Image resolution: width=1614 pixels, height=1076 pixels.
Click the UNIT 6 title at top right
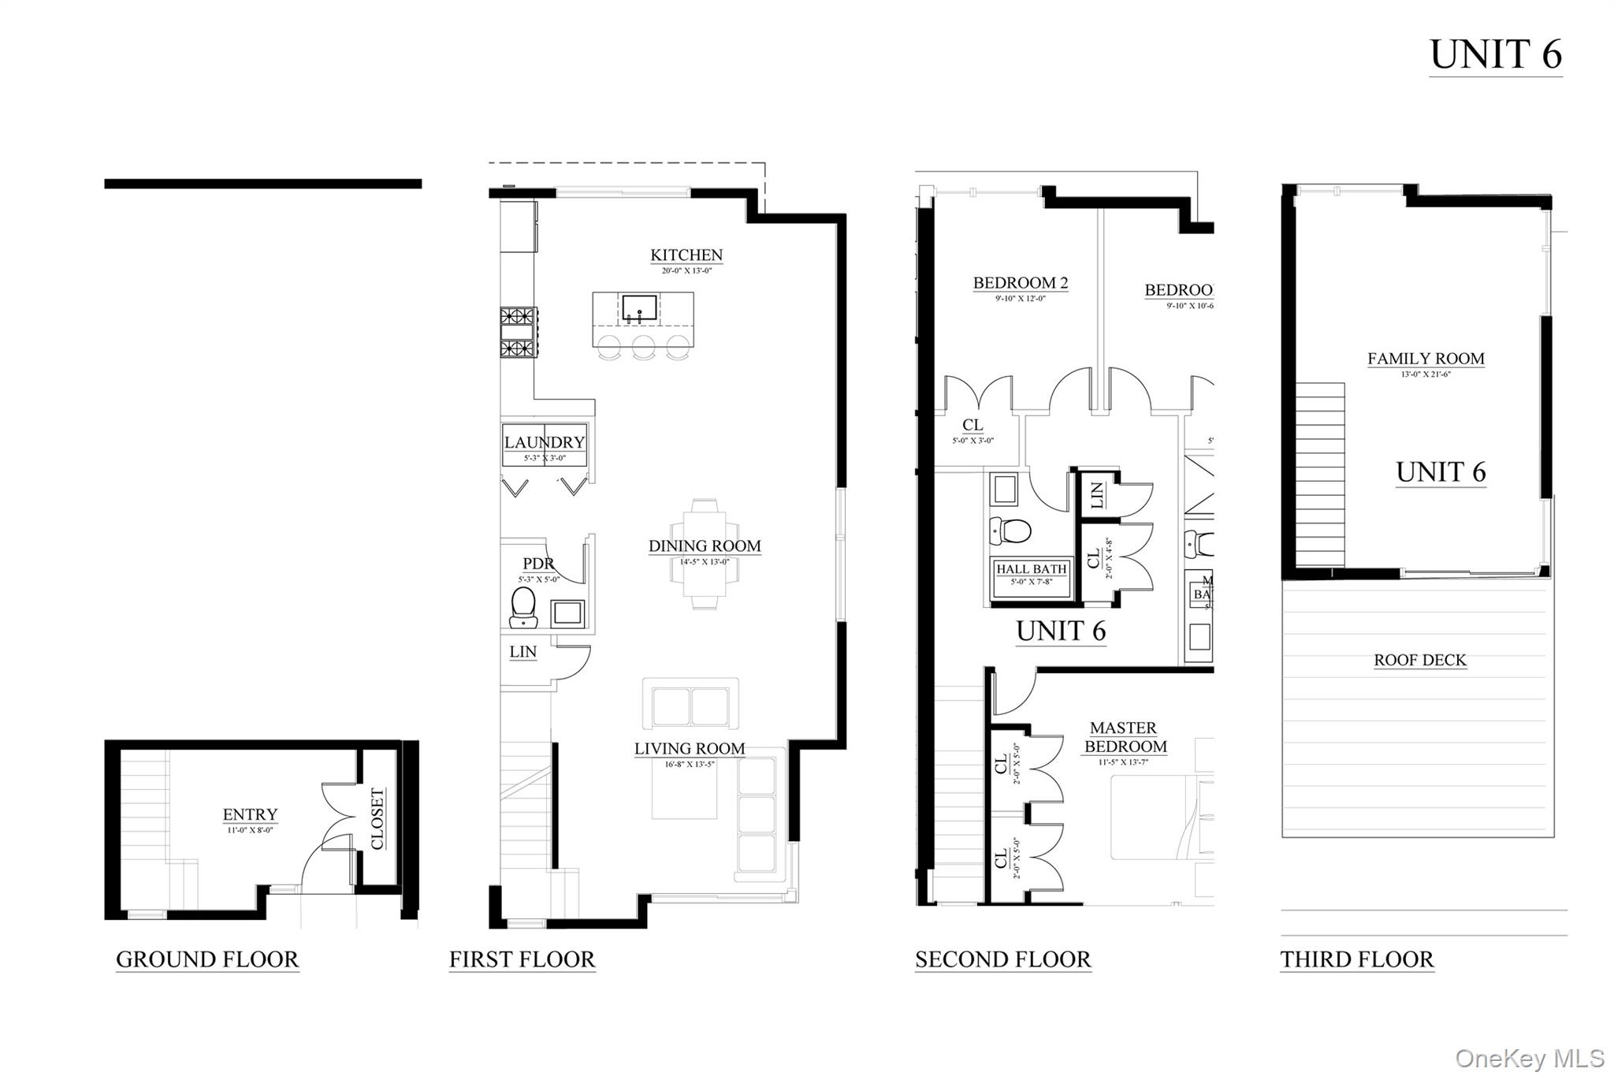coord(1495,55)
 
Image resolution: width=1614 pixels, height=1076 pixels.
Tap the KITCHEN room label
coord(686,255)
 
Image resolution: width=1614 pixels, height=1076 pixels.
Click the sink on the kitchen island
coord(639,307)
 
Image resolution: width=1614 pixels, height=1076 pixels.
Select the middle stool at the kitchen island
coord(643,347)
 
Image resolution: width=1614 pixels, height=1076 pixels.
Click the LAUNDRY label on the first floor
coord(544,443)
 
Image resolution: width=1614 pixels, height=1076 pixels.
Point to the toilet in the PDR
coord(523,608)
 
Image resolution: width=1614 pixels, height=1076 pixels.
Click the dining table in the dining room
coord(705,553)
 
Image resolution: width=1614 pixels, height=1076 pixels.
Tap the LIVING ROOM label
coord(690,749)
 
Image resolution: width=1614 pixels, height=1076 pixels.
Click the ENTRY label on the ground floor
coord(250,814)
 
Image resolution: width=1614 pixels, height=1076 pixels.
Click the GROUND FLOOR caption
coord(207,959)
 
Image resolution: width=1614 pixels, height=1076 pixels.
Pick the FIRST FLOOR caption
coord(522,959)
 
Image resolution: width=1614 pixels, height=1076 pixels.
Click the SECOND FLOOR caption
coord(1002,959)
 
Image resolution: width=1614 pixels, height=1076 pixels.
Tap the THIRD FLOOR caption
coord(1356,959)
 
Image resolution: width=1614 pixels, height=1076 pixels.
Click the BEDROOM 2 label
coord(1020,283)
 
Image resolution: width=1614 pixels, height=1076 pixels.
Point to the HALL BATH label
coord(1031,569)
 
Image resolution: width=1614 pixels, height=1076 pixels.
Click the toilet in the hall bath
coord(1011,531)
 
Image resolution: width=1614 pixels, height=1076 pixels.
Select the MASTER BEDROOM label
coord(1125,737)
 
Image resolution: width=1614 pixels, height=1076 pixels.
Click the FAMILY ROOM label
coord(1425,359)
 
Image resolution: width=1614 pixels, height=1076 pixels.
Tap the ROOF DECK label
coord(1419,661)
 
